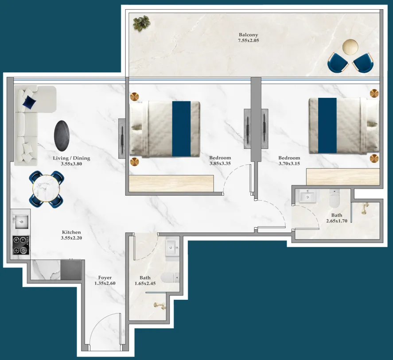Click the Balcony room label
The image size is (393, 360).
tap(248, 35)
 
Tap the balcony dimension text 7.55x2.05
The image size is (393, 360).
tap(248, 41)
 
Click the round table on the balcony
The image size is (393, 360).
tap(351, 47)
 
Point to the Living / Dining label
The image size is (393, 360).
tap(72, 158)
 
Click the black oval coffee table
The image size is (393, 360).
tap(62, 135)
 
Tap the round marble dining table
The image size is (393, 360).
tap(46, 188)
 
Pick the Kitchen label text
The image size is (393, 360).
tap(71, 232)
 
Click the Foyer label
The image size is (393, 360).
tap(105, 278)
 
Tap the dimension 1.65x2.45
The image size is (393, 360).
tap(145, 283)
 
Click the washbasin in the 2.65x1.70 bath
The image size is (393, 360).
tap(307, 196)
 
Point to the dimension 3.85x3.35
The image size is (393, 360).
tap(220, 163)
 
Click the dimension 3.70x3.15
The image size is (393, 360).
tap(289, 163)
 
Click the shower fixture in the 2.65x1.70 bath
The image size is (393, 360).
tap(365, 208)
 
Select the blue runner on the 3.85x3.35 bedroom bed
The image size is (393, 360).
tap(181, 128)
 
